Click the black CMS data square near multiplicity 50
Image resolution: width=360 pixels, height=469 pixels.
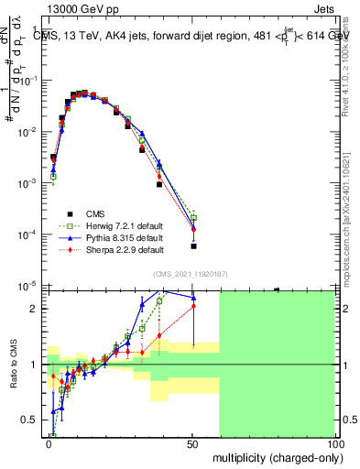point(193,246)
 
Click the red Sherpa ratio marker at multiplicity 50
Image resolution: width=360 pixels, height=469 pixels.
point(193,305)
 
